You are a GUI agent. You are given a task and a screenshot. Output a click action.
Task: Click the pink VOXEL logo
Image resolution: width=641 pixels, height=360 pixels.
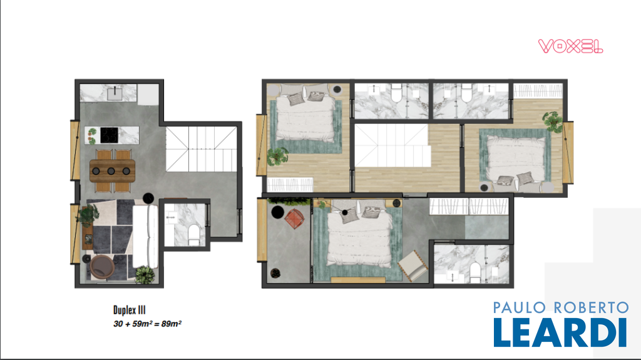tap(570, 46)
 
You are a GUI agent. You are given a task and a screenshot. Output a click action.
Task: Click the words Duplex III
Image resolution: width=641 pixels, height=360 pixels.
tap(129, 310)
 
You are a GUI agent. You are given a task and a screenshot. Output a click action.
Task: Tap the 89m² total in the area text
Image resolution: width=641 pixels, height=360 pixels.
tap(172, 324)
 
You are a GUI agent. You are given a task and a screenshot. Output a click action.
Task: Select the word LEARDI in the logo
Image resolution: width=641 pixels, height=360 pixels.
tap(560, 332)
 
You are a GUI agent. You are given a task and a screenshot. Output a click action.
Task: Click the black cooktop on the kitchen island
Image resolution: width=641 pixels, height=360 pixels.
tap(109, 135)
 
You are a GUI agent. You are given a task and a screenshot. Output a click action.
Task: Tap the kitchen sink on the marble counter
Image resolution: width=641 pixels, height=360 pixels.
tap(115, 94)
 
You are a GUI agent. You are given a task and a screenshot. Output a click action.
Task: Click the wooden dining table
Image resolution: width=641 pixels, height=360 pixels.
tap(113, 171)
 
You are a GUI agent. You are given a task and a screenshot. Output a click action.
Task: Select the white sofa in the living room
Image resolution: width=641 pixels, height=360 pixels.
tap(145, 237)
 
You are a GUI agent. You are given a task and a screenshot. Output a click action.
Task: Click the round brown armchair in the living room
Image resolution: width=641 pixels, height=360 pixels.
tap(102, 267)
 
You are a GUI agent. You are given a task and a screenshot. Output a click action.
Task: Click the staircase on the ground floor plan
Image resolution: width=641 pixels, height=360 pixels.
tap(201, 149)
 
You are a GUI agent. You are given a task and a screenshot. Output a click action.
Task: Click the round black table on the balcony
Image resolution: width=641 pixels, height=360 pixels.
tap(277, 212)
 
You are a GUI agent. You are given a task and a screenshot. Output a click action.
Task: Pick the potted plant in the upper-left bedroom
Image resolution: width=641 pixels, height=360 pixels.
tap(277, 157)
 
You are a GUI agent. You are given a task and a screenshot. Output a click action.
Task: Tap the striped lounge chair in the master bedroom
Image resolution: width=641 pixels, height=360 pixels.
tap(413, 265)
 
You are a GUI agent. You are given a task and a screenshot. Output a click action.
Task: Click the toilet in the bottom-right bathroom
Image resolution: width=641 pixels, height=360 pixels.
tap(475, 272)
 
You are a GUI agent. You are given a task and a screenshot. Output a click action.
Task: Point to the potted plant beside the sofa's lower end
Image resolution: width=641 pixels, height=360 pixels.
tap(145, 275)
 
